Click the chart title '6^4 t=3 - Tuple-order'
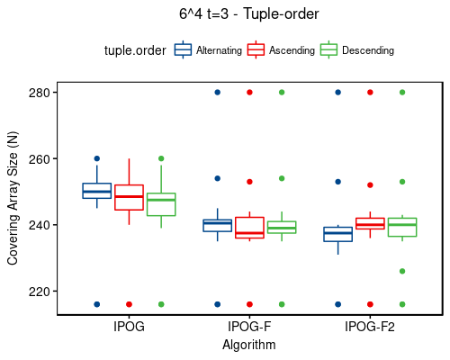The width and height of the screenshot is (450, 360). point(249,15)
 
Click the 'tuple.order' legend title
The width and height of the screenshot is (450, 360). point(135,50)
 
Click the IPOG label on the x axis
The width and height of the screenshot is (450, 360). point(129,327)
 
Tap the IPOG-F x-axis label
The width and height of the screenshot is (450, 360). point(249,327)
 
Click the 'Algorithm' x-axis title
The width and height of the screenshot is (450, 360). point(249,344)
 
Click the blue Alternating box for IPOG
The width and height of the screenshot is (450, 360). point(97,191)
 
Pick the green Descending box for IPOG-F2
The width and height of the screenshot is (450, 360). point(402,227)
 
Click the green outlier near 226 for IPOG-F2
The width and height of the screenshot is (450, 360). point(402,271)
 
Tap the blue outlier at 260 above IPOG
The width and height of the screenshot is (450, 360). point(97,158)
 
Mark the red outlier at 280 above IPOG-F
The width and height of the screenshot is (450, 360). point(249,93)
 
